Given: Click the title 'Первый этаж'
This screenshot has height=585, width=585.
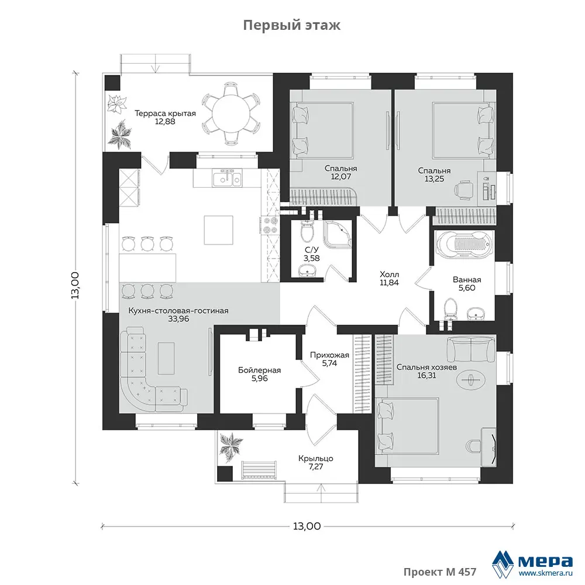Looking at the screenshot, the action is coord(292,25).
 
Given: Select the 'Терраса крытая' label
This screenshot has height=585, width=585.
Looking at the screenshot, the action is coord(165,113).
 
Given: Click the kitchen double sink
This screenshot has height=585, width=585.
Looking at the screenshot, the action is coord(227,178).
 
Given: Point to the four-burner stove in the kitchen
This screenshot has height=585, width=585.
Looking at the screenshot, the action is coord(270,226).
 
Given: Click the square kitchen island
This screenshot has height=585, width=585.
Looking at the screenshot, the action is coord(218,230).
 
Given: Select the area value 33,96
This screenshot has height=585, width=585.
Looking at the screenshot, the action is coord(178,319).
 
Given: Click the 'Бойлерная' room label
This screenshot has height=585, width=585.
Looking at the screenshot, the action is coord(259,370).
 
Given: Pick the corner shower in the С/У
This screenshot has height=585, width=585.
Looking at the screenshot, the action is coord(338,235).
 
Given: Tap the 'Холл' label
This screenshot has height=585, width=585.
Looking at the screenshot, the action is coord(389,274).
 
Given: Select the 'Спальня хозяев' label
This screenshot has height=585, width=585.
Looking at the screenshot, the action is coord(426,367).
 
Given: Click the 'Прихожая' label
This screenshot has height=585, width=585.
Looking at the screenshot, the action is coord(329,355).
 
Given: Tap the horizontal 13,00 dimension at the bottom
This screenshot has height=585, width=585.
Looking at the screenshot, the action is coord(307,526).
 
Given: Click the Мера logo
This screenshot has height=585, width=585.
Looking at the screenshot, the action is coord(532,563).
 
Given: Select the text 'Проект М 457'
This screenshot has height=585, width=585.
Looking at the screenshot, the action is coord(440,572).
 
